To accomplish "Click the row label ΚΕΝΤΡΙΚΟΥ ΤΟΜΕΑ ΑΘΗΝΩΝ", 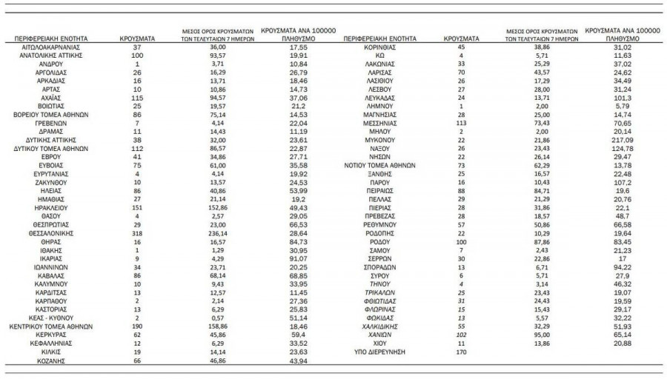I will [x=51, y=326].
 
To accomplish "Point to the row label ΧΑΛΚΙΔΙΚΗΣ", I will [x=385, y=326].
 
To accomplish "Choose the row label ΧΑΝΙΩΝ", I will [x=385, y=334].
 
